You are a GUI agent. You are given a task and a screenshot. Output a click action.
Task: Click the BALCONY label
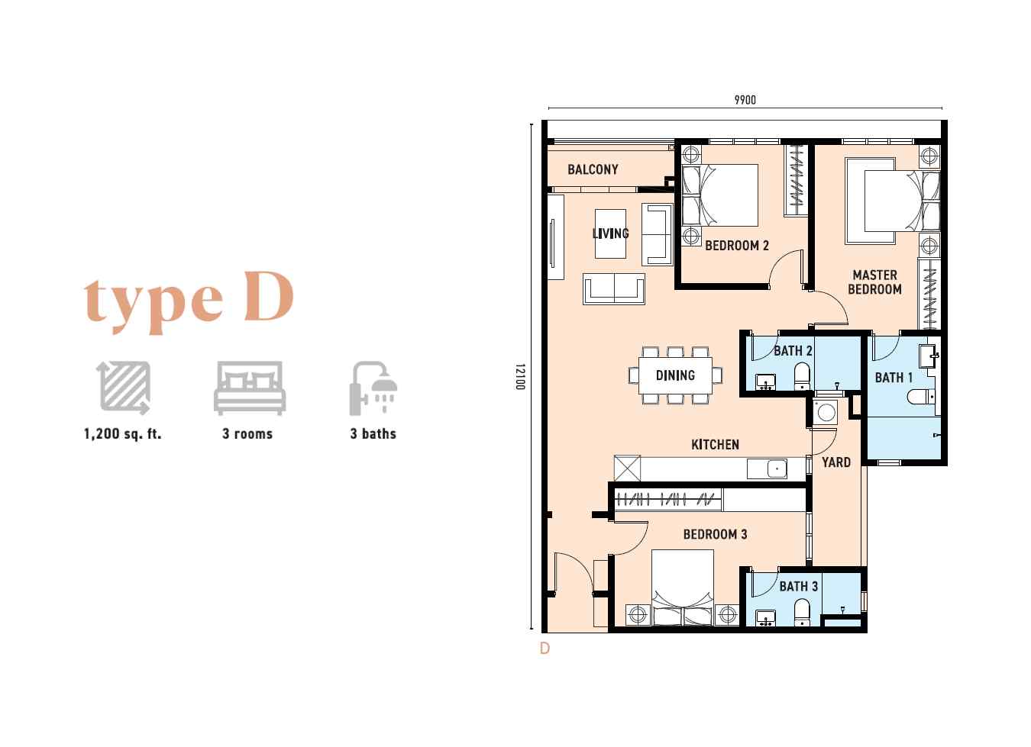(593, 169)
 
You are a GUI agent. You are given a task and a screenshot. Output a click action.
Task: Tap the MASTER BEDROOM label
(874, 282)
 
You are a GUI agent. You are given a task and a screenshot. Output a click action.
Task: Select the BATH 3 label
(799, 587)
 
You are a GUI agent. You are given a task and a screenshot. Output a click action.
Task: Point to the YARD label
(836, 462)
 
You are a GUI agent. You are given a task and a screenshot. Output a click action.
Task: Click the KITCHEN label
(716, 444)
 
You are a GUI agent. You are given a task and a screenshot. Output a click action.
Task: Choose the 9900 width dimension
(745, 100)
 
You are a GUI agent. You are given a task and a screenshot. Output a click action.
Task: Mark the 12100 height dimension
(519, 377)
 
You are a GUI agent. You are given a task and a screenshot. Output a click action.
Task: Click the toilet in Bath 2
(802, 376)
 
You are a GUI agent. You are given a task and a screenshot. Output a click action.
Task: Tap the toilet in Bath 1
(921, 397)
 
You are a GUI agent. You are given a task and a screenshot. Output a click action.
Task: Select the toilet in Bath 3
(803, 612)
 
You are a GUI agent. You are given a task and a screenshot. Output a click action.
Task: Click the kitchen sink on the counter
(777, 468)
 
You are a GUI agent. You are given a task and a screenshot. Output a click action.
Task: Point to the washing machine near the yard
(826, 413)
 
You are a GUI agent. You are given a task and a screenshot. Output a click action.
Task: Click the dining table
(675, 375)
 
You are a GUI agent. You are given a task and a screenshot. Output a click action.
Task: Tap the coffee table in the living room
(610, 233)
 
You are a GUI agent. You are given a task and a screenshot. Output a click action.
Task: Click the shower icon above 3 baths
(373, 388)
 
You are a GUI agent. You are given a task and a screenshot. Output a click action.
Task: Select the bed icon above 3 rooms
(250, 388)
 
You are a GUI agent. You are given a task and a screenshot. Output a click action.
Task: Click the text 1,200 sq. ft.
(122, 433)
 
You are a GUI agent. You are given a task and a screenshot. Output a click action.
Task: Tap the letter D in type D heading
(269, 296)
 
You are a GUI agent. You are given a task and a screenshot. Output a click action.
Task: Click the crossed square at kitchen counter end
(627, 468)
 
